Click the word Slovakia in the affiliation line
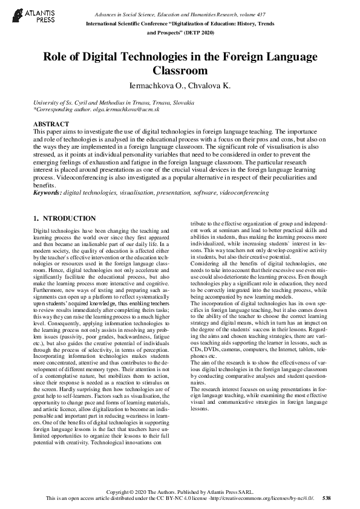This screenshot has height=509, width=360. [180, 103]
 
